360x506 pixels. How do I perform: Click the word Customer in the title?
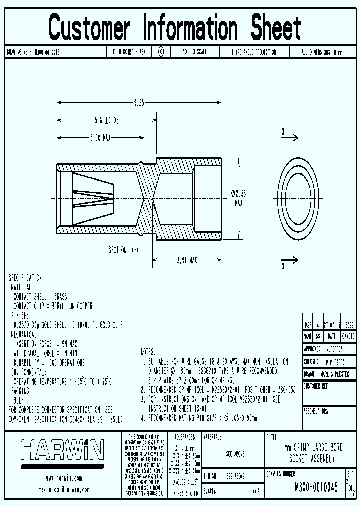89,28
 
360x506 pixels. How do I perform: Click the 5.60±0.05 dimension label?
107,120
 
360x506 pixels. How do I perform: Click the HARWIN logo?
62,450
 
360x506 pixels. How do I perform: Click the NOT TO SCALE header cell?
195,52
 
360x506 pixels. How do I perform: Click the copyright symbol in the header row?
161,52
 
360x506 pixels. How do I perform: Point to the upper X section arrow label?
283,132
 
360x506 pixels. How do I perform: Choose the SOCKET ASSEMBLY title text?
312,459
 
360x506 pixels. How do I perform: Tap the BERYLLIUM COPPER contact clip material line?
52,306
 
